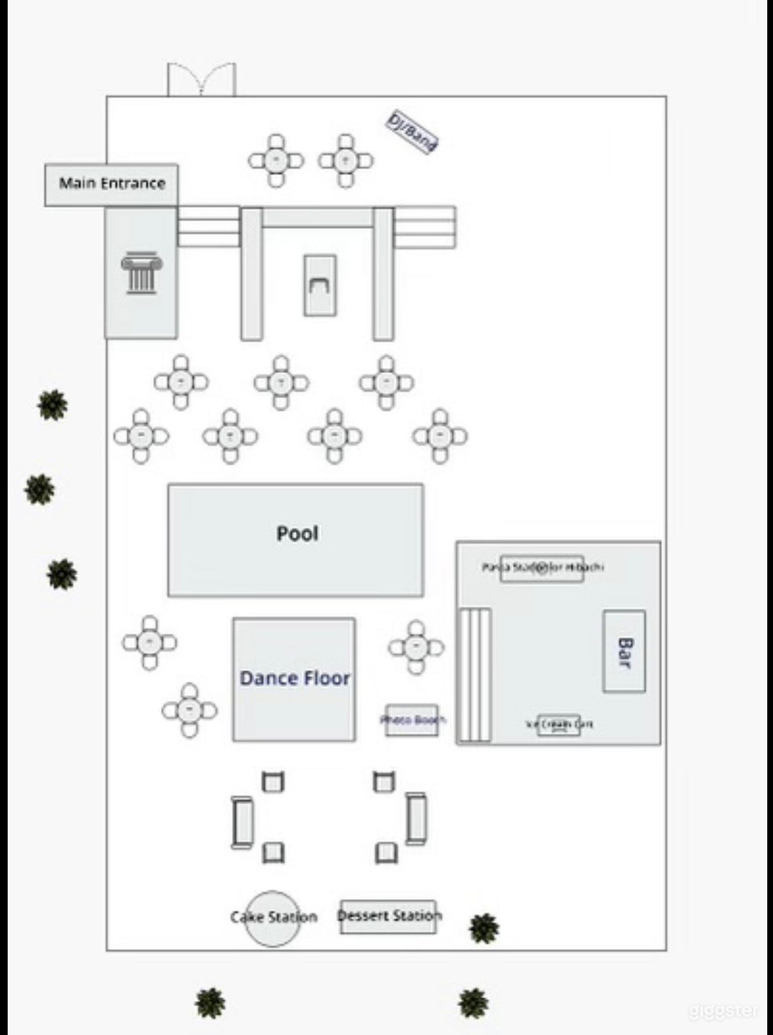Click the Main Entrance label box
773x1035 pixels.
[112, 184]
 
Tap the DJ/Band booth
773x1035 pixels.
[412, 132]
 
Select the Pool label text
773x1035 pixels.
[297, 533]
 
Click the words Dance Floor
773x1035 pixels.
[294, 678]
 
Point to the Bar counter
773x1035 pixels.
[624, 651]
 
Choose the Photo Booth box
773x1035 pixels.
[412, 720]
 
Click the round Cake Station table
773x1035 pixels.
[272, 918]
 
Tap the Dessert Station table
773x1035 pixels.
[388, 916]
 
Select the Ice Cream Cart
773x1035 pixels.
[559, 725]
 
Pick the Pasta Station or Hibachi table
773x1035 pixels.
[542, 568]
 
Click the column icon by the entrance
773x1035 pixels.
[141, 273]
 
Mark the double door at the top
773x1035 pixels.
[201, 80]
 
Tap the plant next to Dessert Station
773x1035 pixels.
[484, 928]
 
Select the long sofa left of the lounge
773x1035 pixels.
[242, 822]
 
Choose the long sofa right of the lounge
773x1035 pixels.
[416, 818]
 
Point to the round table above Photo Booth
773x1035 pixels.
[416, 647]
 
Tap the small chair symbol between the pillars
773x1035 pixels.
[319, 285]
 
